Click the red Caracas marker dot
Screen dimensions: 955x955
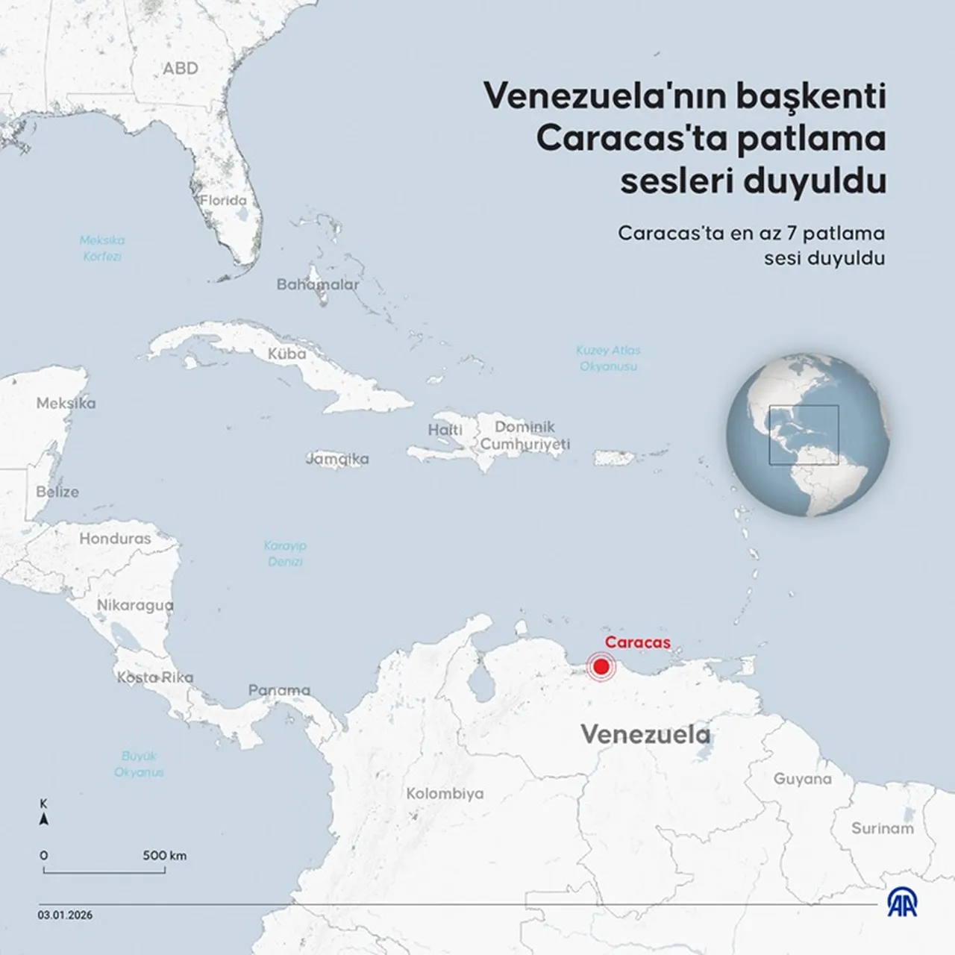(x=600, y=667)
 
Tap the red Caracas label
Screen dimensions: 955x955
(x=637, y=642)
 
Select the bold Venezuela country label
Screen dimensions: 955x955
(x=645, y=734)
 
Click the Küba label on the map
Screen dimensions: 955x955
(x=286, y=354)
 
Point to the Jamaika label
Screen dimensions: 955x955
(x=337, y=459)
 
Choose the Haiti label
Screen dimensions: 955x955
(x=445, y=430)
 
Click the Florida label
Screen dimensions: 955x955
(x=223, y=201)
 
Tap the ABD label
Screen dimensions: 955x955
(x=181, y=69)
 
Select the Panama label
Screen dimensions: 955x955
(x=279, y=690)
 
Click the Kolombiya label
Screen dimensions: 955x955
(x=445, y=794)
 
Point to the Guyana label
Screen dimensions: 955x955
(x=802, y=779)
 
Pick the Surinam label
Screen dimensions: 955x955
(x=883, y=828)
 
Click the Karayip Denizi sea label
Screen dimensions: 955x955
(x=285, y=553)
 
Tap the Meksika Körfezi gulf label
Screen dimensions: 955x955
(x=102, y=248)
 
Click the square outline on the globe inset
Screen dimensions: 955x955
(x=804, y=434)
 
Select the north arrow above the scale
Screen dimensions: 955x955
(x=44, y=819)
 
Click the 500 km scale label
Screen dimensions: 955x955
(x=164, y=855)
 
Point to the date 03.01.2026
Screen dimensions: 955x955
(x=66, y=915)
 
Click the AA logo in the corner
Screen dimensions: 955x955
(x=903, y=904)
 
